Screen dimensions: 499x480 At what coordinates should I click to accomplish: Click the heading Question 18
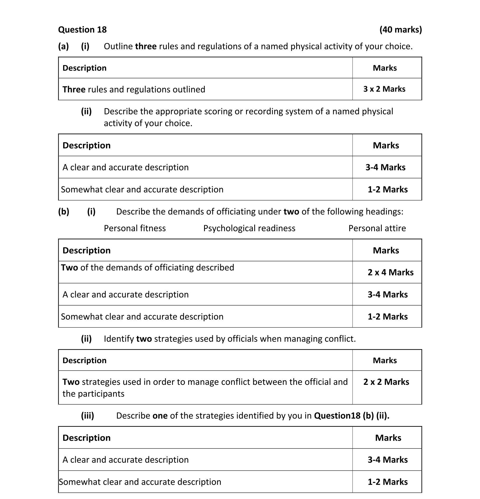point(82,30)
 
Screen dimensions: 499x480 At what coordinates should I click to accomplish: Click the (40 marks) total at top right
point(401,30)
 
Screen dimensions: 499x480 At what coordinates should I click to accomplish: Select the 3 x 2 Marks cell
point(384,89)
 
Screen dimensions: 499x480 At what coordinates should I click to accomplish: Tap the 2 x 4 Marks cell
point(390,272)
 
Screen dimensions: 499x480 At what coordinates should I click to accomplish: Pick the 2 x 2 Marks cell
point(386,382)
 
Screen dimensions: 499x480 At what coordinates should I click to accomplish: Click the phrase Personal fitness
point(135,228)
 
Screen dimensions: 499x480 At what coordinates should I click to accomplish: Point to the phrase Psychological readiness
point(249,228)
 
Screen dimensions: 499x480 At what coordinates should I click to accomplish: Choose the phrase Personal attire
point(377,228)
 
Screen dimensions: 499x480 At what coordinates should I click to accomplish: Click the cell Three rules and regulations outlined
point(134,89)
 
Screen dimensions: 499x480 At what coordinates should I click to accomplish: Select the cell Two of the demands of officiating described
point(148,267)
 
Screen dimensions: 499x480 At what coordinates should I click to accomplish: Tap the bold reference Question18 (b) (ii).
point(351,415)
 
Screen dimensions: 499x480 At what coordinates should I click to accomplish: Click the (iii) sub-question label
point(87,415)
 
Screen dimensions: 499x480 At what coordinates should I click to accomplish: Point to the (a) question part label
point(63,46)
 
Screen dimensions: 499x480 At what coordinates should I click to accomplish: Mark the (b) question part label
point(64,211)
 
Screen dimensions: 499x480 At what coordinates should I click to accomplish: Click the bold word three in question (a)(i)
point(146,46)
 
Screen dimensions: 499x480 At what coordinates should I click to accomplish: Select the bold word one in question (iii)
point(160,415)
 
